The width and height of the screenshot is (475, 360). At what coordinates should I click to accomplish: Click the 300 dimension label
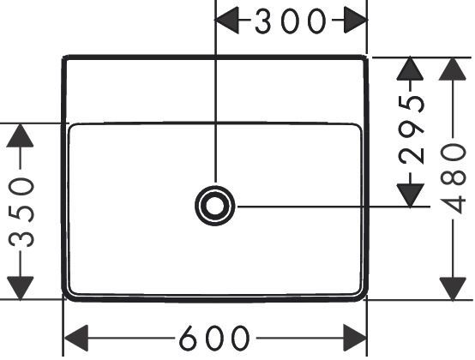pos(291,21)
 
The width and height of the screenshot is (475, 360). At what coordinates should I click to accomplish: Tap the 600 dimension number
pos(214,338)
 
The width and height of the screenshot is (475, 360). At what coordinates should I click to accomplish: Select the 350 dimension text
pos(21,213)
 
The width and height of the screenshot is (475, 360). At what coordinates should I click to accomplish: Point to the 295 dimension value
pos(412,129)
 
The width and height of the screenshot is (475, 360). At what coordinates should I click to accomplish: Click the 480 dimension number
pos(454,178)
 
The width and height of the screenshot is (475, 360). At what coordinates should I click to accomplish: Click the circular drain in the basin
pos(215,206)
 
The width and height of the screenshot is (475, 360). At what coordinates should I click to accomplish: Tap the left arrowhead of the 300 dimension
pos(227,20)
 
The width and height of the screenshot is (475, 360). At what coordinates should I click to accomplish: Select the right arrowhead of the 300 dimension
pos(355,20)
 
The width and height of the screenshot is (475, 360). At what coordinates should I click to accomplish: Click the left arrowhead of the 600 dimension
pos(76,338)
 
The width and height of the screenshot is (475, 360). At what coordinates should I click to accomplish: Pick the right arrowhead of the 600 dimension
pos(354,338)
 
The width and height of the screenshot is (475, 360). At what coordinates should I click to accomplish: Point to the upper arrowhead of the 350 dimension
pos(20,135)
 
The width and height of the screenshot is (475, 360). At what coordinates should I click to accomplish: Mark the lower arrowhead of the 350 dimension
pos(20,288)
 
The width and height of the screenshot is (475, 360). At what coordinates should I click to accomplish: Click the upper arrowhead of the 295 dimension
pos(410,69)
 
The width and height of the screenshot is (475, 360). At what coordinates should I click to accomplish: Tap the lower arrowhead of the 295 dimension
pos(410,195)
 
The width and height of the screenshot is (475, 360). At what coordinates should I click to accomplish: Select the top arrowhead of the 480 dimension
pos(453,69)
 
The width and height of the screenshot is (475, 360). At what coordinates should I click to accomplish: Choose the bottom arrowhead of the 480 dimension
pos(453,289)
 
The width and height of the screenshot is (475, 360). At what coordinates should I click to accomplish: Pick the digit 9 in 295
pos(412,129)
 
